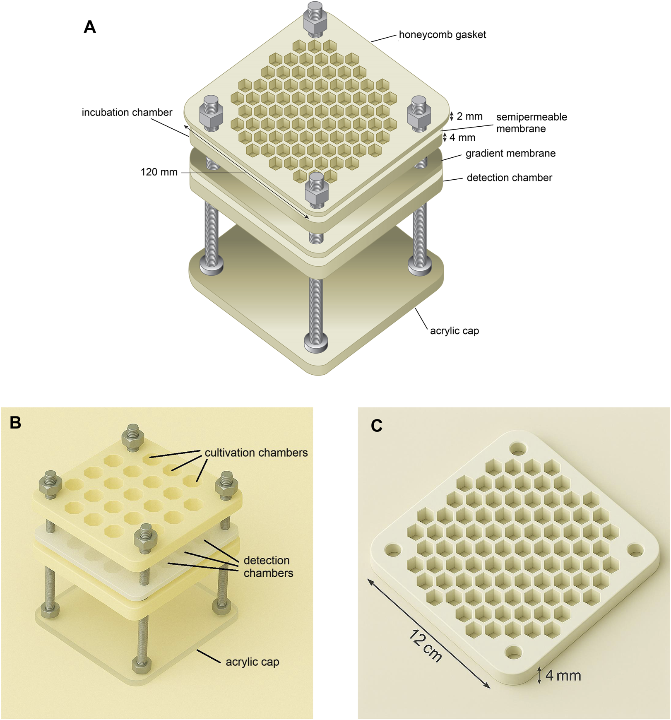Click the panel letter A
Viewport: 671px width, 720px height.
click(90, 27)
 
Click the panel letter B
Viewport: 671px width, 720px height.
click(15, 423)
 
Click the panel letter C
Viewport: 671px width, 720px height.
click(376, 426)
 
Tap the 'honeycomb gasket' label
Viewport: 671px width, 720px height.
click(442, 35)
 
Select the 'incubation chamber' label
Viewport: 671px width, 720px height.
click(127, 113)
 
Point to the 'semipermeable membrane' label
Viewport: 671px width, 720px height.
click(531, 123)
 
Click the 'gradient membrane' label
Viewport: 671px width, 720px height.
click(510, 154)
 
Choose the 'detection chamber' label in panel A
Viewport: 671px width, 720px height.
click(509, 178)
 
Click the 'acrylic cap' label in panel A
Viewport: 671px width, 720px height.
click(454, 331)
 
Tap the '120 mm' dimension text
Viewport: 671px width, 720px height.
click(159, 172)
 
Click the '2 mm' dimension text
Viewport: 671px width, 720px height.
click(469, 117)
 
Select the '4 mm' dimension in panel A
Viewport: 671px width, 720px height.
click(462, 138)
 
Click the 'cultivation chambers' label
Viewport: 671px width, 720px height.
click(256, 453)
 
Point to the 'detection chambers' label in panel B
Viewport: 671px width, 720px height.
click(268, 567)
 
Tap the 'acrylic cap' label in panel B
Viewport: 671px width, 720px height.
click(252, 662)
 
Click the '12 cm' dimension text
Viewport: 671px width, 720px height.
click(426, 646)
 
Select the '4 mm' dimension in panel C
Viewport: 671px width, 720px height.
click(563, 676)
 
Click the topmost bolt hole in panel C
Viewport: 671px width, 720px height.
click(518, 448)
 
